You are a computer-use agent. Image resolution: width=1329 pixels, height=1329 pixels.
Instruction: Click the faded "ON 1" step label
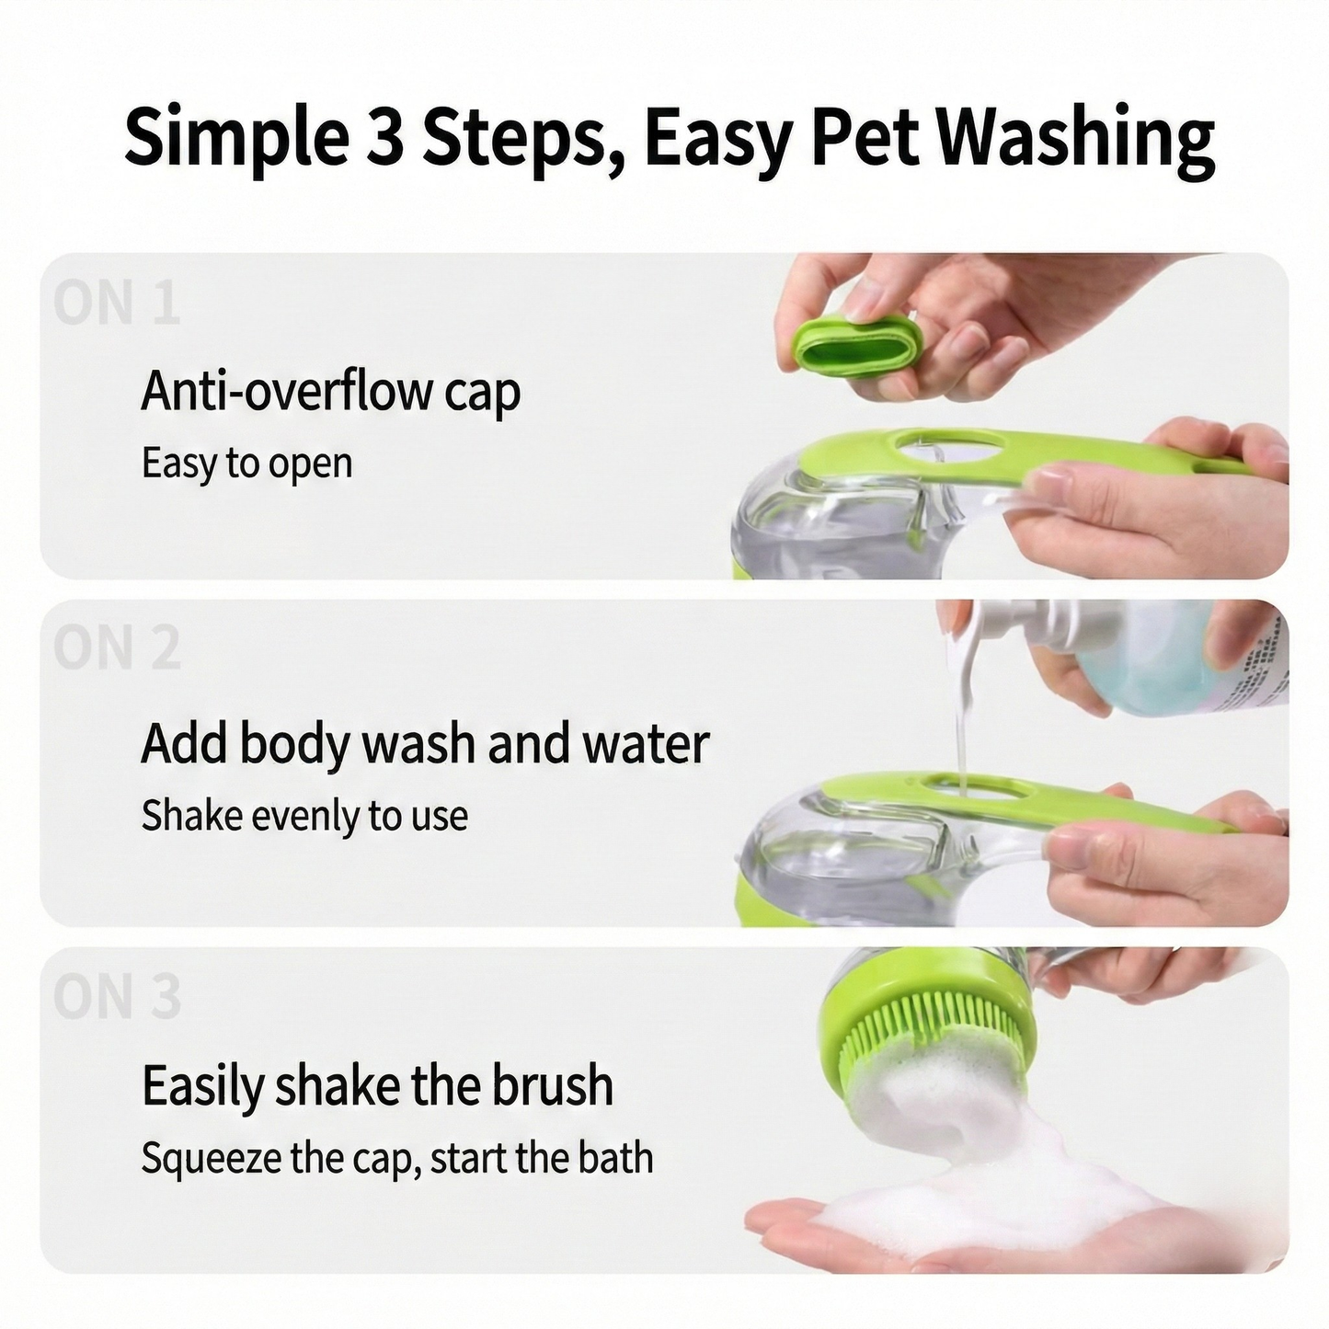coord(116,304)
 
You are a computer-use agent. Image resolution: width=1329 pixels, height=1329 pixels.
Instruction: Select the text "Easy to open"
coord(246,463)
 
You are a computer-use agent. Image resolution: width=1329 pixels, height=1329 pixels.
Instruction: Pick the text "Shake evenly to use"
coord(304,816)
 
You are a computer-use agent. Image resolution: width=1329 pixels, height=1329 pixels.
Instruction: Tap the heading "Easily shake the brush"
coord(377,1085)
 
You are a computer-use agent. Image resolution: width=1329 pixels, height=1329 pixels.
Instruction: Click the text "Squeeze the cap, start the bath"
coord(396,1158)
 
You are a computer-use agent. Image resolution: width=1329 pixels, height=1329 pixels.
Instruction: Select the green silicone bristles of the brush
coord(929,1039)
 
